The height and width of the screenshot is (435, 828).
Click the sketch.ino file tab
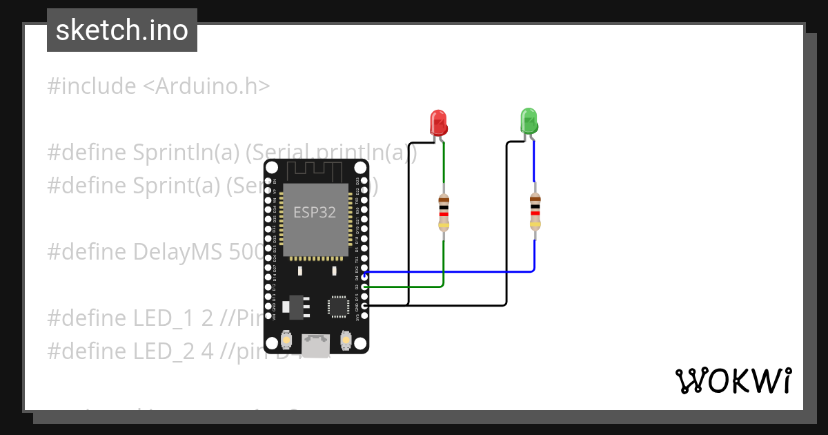(x=121, y=30)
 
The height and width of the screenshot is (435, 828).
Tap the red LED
(x=438, y=122)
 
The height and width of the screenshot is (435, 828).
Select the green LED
(x=529, y=121)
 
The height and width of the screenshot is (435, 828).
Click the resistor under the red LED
(x=444, y=213)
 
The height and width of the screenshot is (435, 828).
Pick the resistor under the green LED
(x=535, y=212)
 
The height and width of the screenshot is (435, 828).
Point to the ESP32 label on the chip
(x=315, y=212)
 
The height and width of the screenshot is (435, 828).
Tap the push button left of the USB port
(x=286, y=340)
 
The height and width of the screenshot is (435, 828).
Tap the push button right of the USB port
(x=346, y=340)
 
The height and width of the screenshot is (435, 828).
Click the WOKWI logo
(x=733, y=380)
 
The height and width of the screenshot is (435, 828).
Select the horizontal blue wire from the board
(x=448, y=272)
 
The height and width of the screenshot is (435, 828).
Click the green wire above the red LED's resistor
(x=444, y=166)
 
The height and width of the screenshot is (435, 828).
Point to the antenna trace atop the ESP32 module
(x=315, y=169)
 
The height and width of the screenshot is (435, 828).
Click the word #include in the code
(x=91, y=86)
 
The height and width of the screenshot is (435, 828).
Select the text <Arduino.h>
(x=206, y=86)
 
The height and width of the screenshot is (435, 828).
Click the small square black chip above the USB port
(x=338, y=306)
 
